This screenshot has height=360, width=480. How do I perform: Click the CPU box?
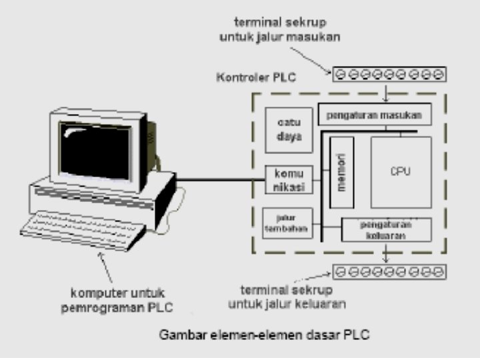click(401, 172)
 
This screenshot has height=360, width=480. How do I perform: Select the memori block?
click(342, 173)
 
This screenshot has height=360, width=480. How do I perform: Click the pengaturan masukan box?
click(374, 114)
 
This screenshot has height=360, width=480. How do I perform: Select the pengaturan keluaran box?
click(386, 229)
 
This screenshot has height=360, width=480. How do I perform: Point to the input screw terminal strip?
click(389, 74)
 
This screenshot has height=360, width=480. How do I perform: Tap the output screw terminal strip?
click(389, 271)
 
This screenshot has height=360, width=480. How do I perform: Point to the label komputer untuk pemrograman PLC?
click(121, 299)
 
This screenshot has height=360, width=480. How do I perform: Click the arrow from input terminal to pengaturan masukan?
click(385, 93)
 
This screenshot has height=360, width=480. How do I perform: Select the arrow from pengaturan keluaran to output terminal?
click(386, 253)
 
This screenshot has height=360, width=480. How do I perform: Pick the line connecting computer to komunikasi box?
click(220, 179)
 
